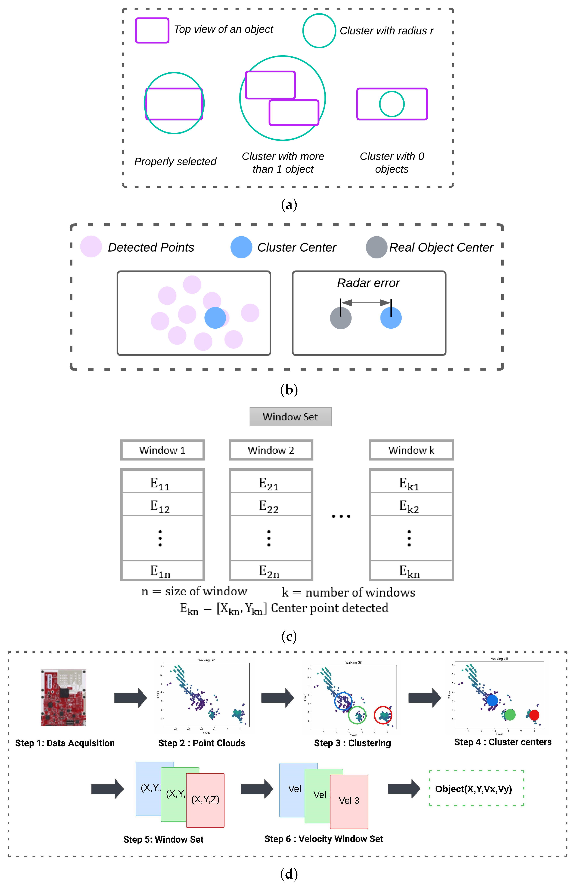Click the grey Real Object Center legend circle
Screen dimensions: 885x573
coord(376,247)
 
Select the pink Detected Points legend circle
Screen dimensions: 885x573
coord(91,247)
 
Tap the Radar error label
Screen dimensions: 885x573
coord(368,283)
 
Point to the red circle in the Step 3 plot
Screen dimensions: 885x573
coord(383,715)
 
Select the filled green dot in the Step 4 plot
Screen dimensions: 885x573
coord(510,715)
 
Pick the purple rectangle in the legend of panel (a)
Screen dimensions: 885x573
coord(152,30)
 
